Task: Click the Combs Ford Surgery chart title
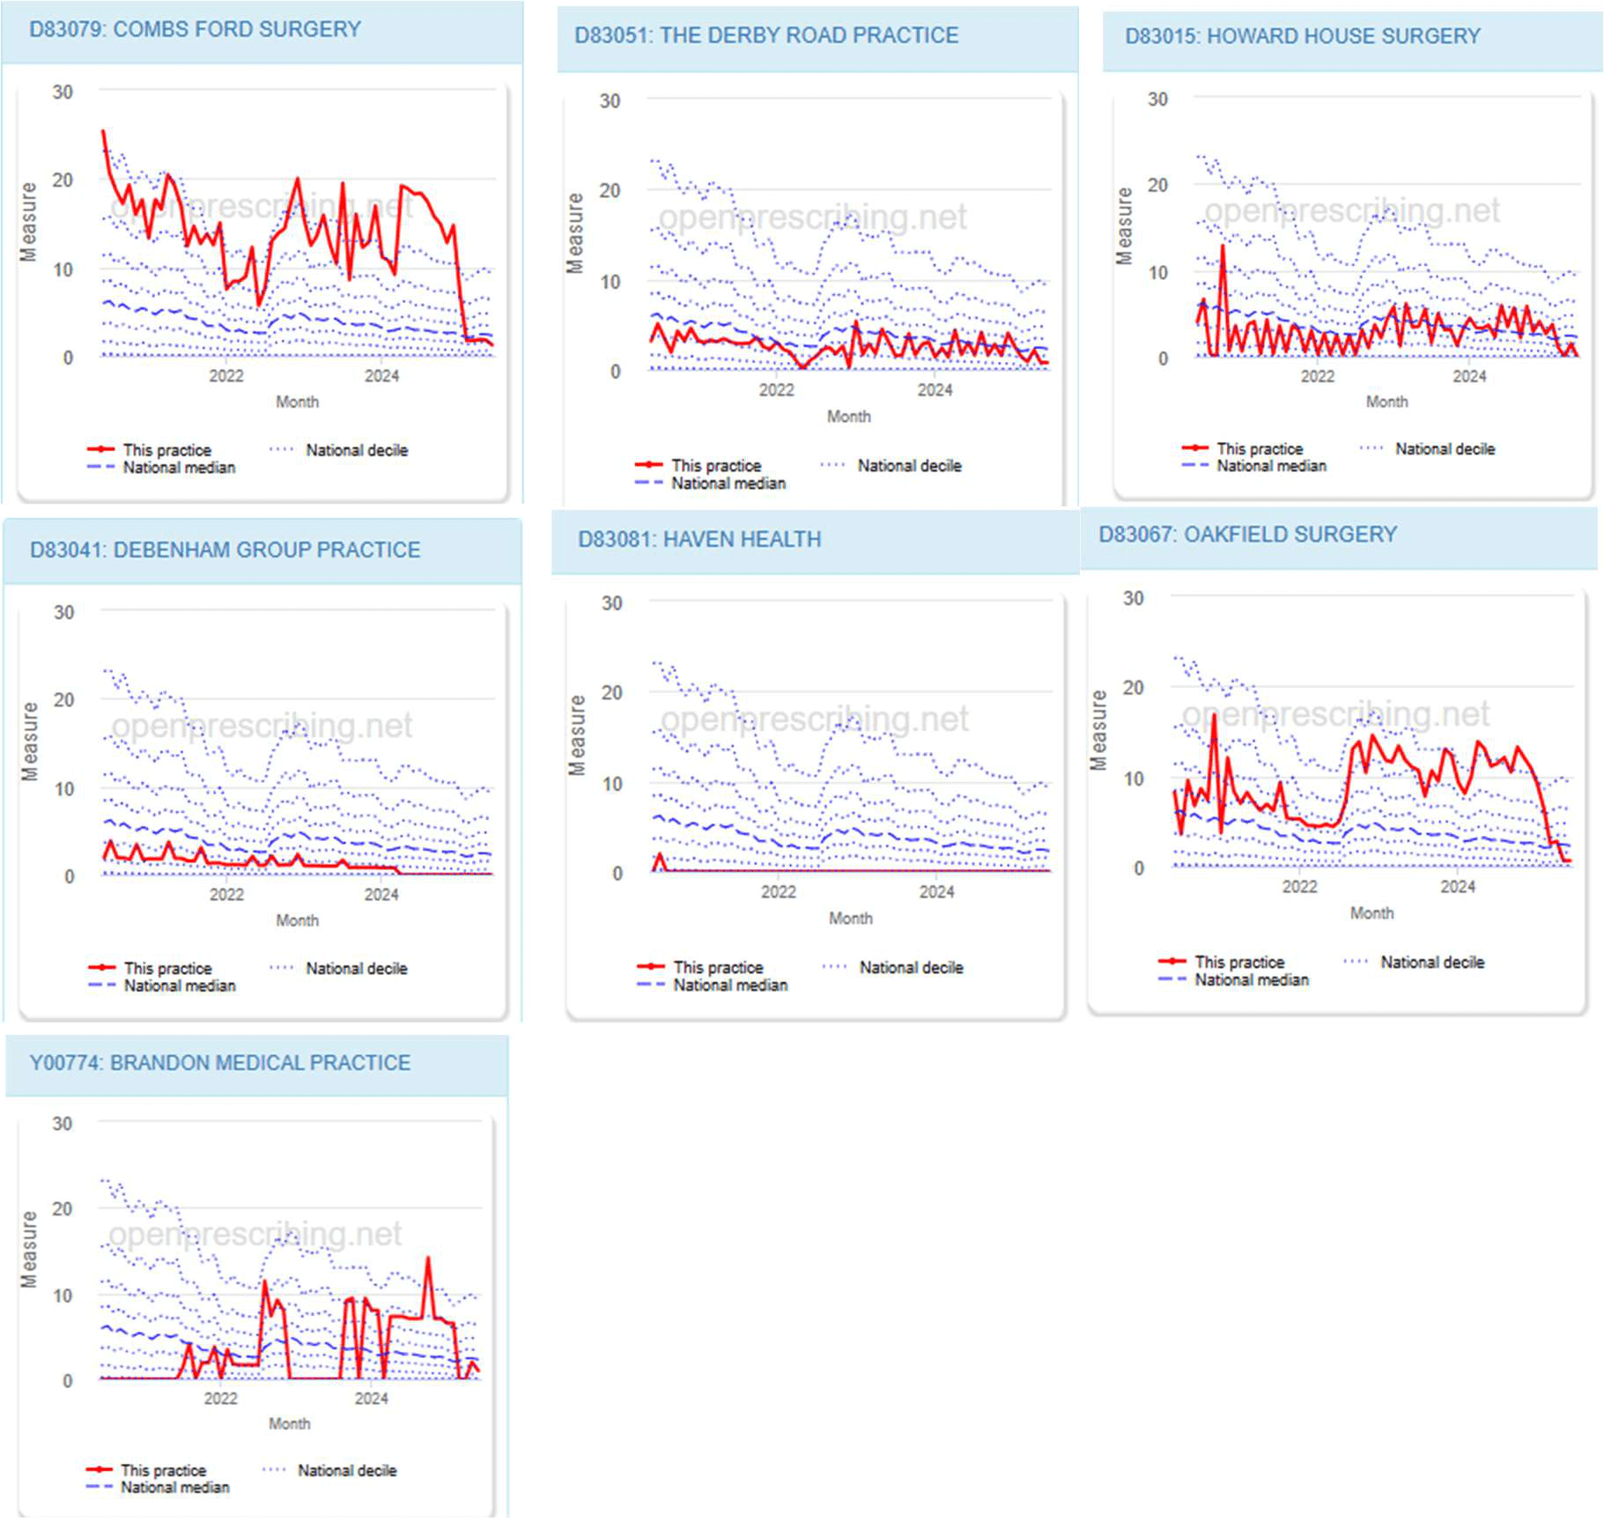tap(195, 29)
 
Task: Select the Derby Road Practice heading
tap(765, 35)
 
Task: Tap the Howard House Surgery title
tap(1302, 36)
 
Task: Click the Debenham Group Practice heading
tap(225, 550)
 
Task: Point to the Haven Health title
tap(699, 539)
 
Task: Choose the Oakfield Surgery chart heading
tap(1247, 535)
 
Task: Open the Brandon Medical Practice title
tap(219, 1062)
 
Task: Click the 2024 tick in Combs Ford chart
tap(381, 376)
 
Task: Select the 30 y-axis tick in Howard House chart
tap(1157, 100)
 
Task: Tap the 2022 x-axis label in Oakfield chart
tap(1299, 887)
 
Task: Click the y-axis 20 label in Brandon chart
tap(62, 1208)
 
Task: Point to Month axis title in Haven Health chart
tap(850, 919)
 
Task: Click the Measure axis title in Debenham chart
tap(30, 741)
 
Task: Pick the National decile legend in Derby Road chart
tap(908, 465)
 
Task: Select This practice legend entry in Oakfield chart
tap(1238, 962)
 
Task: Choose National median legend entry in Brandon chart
tap(174, 1488)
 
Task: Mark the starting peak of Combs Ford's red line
tap(104, 132)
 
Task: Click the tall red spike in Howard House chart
tap(1223, 247)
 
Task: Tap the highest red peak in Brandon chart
tap(428, 1259)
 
